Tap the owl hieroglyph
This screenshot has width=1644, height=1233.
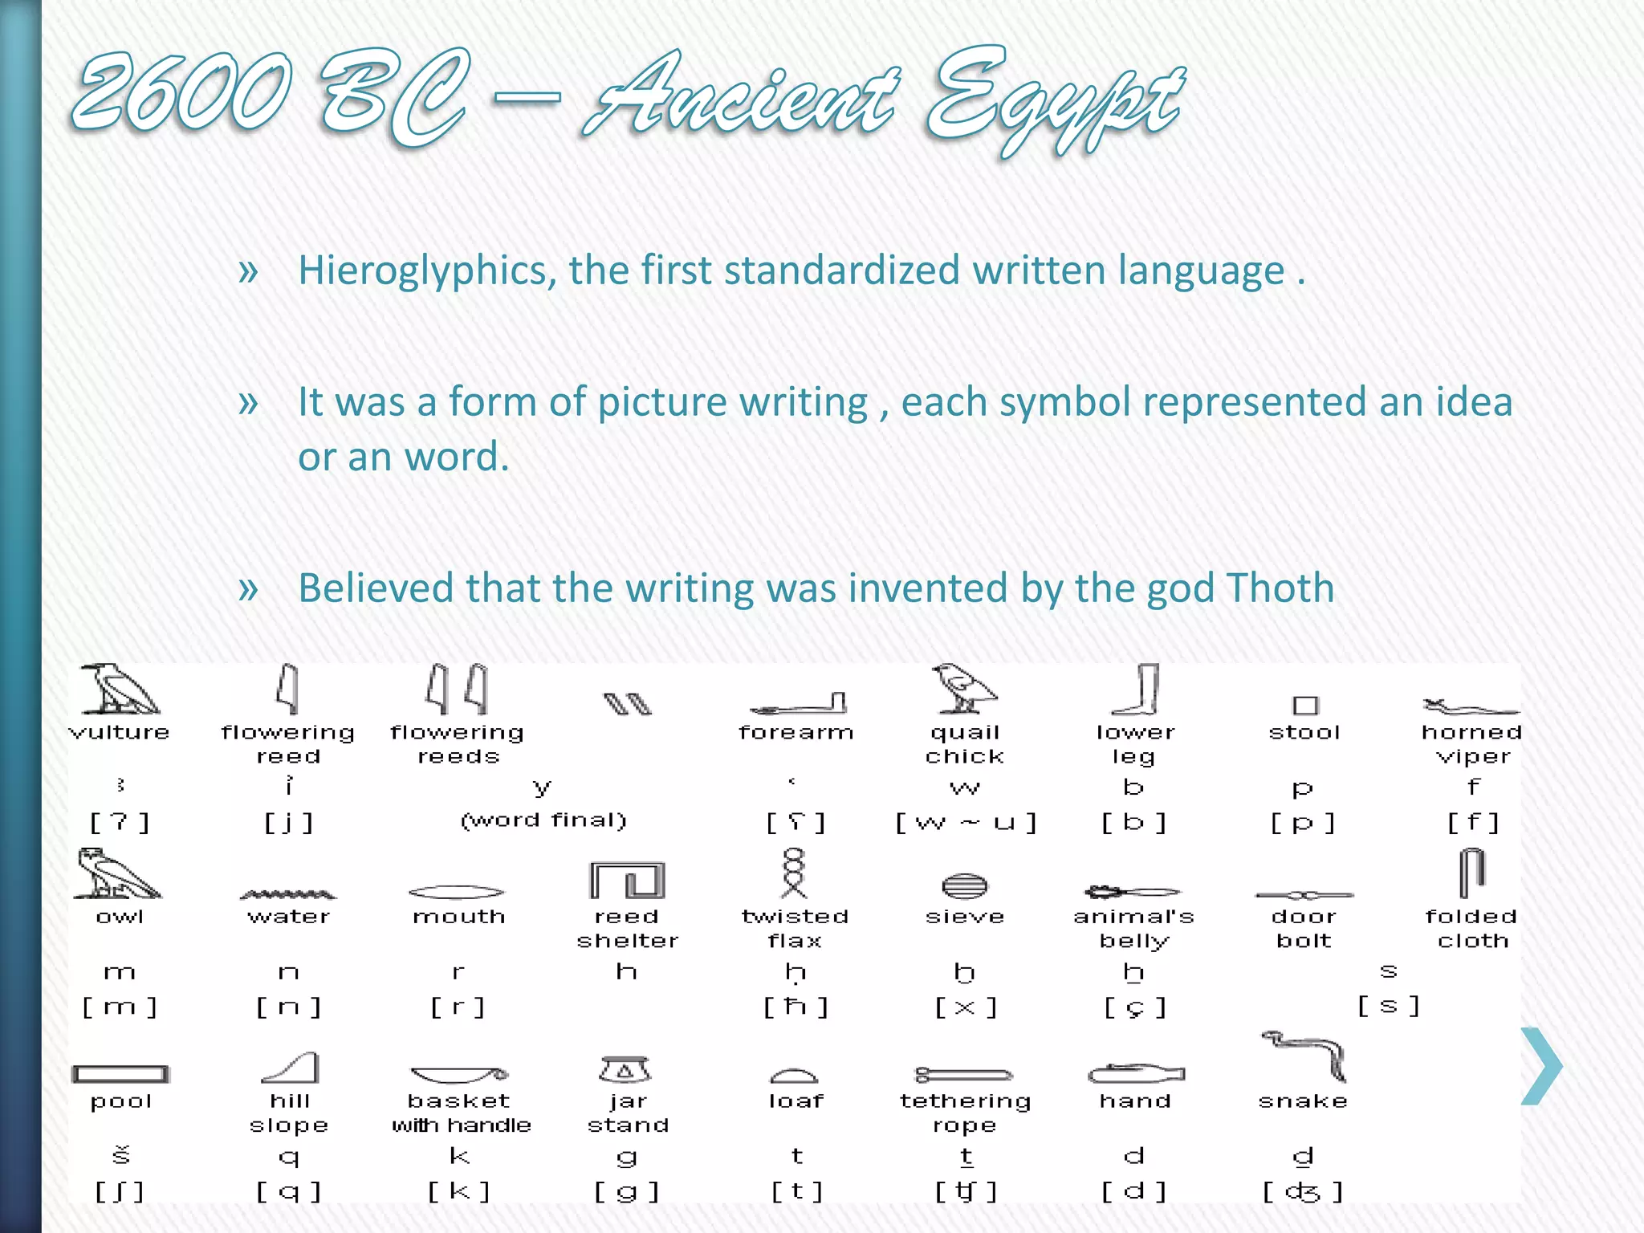click(x=117, y=874)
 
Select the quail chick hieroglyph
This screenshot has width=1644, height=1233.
click(x=963, y=690)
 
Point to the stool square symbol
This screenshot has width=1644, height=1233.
click(x=1305, y=705)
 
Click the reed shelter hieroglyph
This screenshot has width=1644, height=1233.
click(x=627, y=881)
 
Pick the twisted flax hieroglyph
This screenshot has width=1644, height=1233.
click(x=794, y=873)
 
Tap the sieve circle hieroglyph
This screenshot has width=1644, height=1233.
click(x=964, y=886)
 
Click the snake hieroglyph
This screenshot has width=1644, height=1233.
click(x=1304, y=1056)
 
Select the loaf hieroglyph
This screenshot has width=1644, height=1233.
click(x=794, y=1076)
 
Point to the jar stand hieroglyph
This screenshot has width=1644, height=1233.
click(x=625, y=1069)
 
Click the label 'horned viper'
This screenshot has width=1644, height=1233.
click(x=1472, y=744)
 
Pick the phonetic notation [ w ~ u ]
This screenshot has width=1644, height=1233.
click(x=966, y=823)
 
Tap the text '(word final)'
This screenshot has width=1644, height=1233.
click(x=543, y=820)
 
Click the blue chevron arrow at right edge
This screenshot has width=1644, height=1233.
click(x=1541, y=1065)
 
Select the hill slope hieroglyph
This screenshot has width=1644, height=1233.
click(x=291, y=1068)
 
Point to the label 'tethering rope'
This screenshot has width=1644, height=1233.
click(x=965, y=1113)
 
